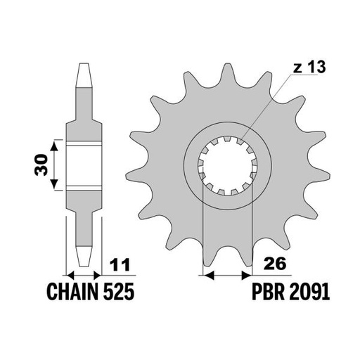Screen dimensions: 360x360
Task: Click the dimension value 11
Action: pyautogui.click(x=120, y=266)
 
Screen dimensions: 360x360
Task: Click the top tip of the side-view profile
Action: pyautogui.click(x=84, y=65)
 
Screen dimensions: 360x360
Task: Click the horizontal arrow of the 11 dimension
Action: pyautogui.click(x=84, y=274)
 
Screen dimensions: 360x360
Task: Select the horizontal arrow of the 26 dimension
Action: pyautogui.click(x=226, y=274)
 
